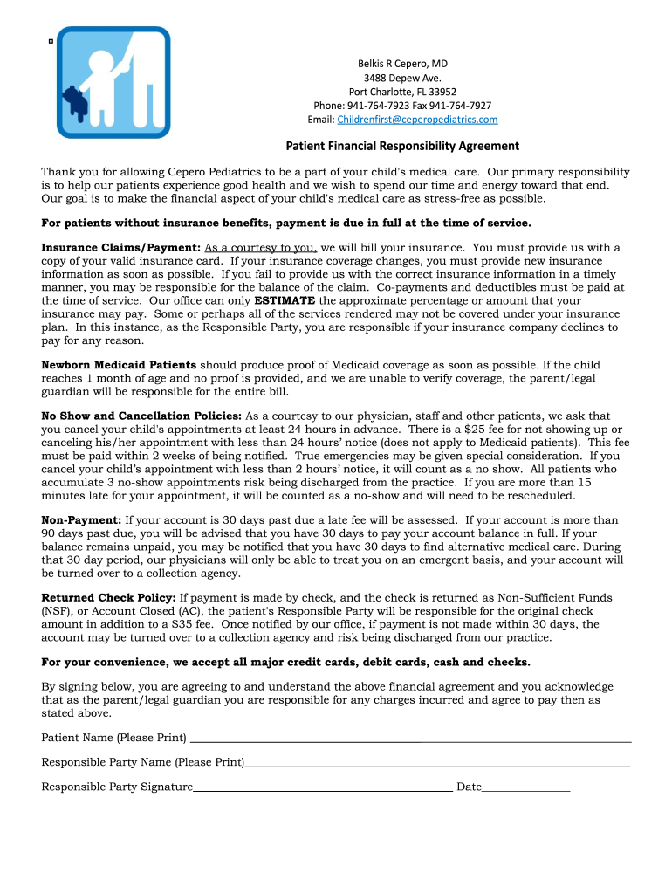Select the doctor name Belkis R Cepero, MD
click(x=402, y=64)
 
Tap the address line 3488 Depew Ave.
click(x=402, y=78)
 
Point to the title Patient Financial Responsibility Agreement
click(x=403, y=146)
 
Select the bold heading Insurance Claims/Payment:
click(x=121, y=248)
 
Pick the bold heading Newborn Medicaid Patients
click(x=120, y=365)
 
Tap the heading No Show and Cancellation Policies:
click(x=142, y=416)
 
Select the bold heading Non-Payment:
click(x=82, y=520)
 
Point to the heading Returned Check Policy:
click(x=109, y=598)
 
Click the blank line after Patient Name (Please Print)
click(x=410, y=739)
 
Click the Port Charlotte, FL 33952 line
click(x=402, y=92)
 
